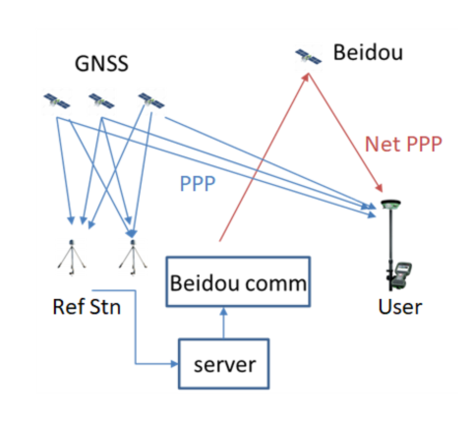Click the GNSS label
pyautogui.click(x=101, y=63)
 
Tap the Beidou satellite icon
pyautogui.click(x=308, y=57)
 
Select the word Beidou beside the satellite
pyautogui.click(x=368, y=52)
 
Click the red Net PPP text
pyautogui.click(x=403, y=145)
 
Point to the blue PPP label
pyautogui.click(x=198, y=184)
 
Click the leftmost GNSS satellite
pyautogui.click(x=57, y=101)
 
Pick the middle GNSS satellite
pyautogui.click(x=101, y=101)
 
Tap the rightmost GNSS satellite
pyautogui.click(x=151, y=101)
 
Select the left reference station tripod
pyautogui.click(x=72, y=258)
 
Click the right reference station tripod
pyautogui.click(x=133, y=258)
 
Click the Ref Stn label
pyautogui.click(x=87, y=307)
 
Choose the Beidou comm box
pyautogui.click(x=238, y=281)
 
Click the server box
pyautogui.click(x=224, y=364)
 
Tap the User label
pyautogui.click(x=400, y=307)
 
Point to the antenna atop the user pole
pyautogui.click(x=390, y=205)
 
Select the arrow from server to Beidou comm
pyautogui.click(x=223, y=323)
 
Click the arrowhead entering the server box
pyautogui.click(x=174, y=364)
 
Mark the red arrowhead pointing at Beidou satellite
pyautogui.click(x=306, y=77)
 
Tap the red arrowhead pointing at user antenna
pyautogui.click(x=379, y=188)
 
